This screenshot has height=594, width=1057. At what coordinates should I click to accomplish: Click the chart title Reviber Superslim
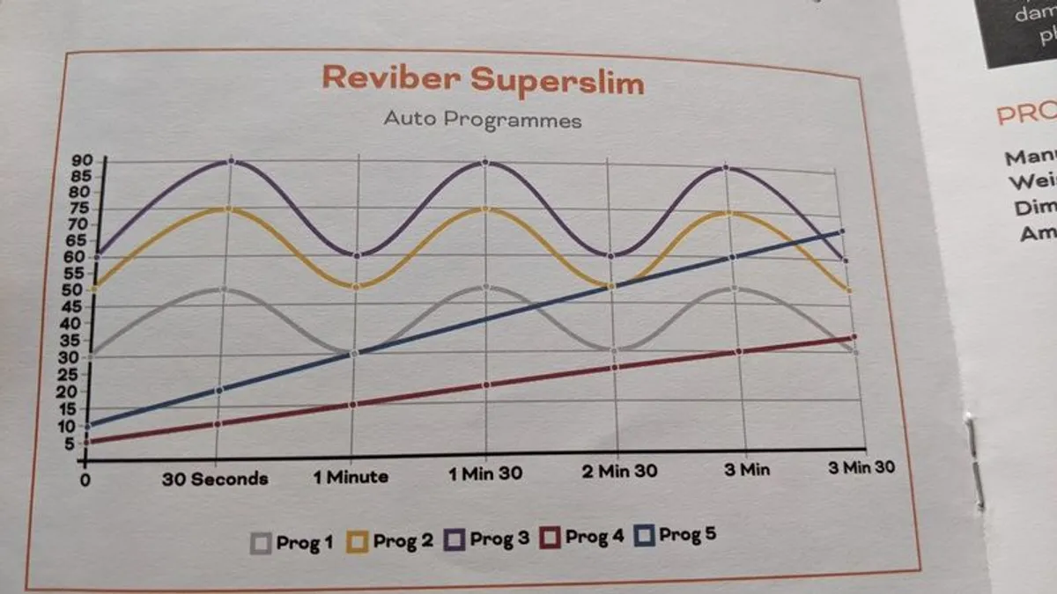click(483, 79)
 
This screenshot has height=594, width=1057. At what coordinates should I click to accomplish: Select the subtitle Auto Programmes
click(483, 119)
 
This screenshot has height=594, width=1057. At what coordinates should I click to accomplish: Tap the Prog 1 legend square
click(261, 543)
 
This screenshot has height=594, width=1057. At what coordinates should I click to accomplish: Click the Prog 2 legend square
click(357, 540)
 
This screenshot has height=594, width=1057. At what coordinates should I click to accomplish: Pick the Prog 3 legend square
click(454, 539)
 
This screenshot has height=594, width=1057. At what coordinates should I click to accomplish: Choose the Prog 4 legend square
click(550, 536)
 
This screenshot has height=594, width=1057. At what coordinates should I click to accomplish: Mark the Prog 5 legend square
click(643, 534)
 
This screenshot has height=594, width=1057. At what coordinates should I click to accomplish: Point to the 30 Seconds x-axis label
click(215, 479)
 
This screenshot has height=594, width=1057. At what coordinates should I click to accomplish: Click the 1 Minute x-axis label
click(351, 477)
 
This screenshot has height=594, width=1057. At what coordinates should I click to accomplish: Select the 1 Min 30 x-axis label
click(485, 473)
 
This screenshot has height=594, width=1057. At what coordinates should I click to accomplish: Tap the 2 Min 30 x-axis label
click(619, 471)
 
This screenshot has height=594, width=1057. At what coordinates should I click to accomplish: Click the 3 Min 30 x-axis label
click(861, 467)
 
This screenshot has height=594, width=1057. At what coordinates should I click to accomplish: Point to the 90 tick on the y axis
click(81, 160)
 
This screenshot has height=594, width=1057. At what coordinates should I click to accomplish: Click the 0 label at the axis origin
click(85, 481)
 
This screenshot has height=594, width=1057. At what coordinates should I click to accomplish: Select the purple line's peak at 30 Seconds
click(231, 160)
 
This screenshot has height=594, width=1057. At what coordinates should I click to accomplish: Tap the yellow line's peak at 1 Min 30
click(485, 209)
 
